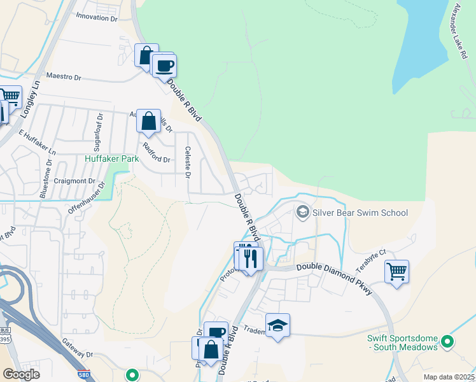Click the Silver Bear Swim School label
360,212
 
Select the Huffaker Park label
111,158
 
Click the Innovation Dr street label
97,18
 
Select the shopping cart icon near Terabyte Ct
397,272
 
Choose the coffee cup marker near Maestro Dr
164,66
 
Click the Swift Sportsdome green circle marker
447,342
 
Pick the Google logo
21,374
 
